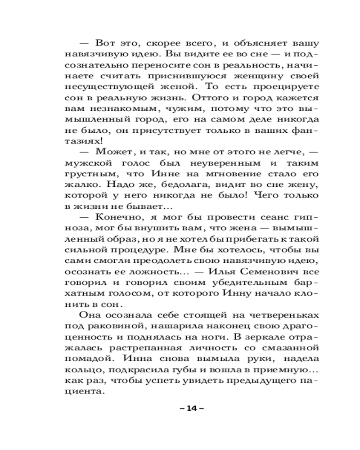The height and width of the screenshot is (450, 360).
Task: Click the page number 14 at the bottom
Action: click(x=191, y=409)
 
